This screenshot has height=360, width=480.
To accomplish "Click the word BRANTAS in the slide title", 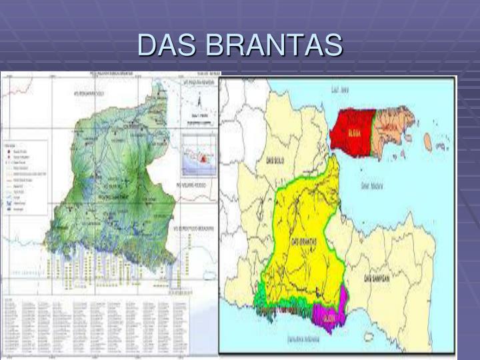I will [x=274, y=45].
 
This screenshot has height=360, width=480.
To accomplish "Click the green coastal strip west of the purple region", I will [x=280, y=307].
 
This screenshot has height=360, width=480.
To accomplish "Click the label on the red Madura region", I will [x=353, y=133].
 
